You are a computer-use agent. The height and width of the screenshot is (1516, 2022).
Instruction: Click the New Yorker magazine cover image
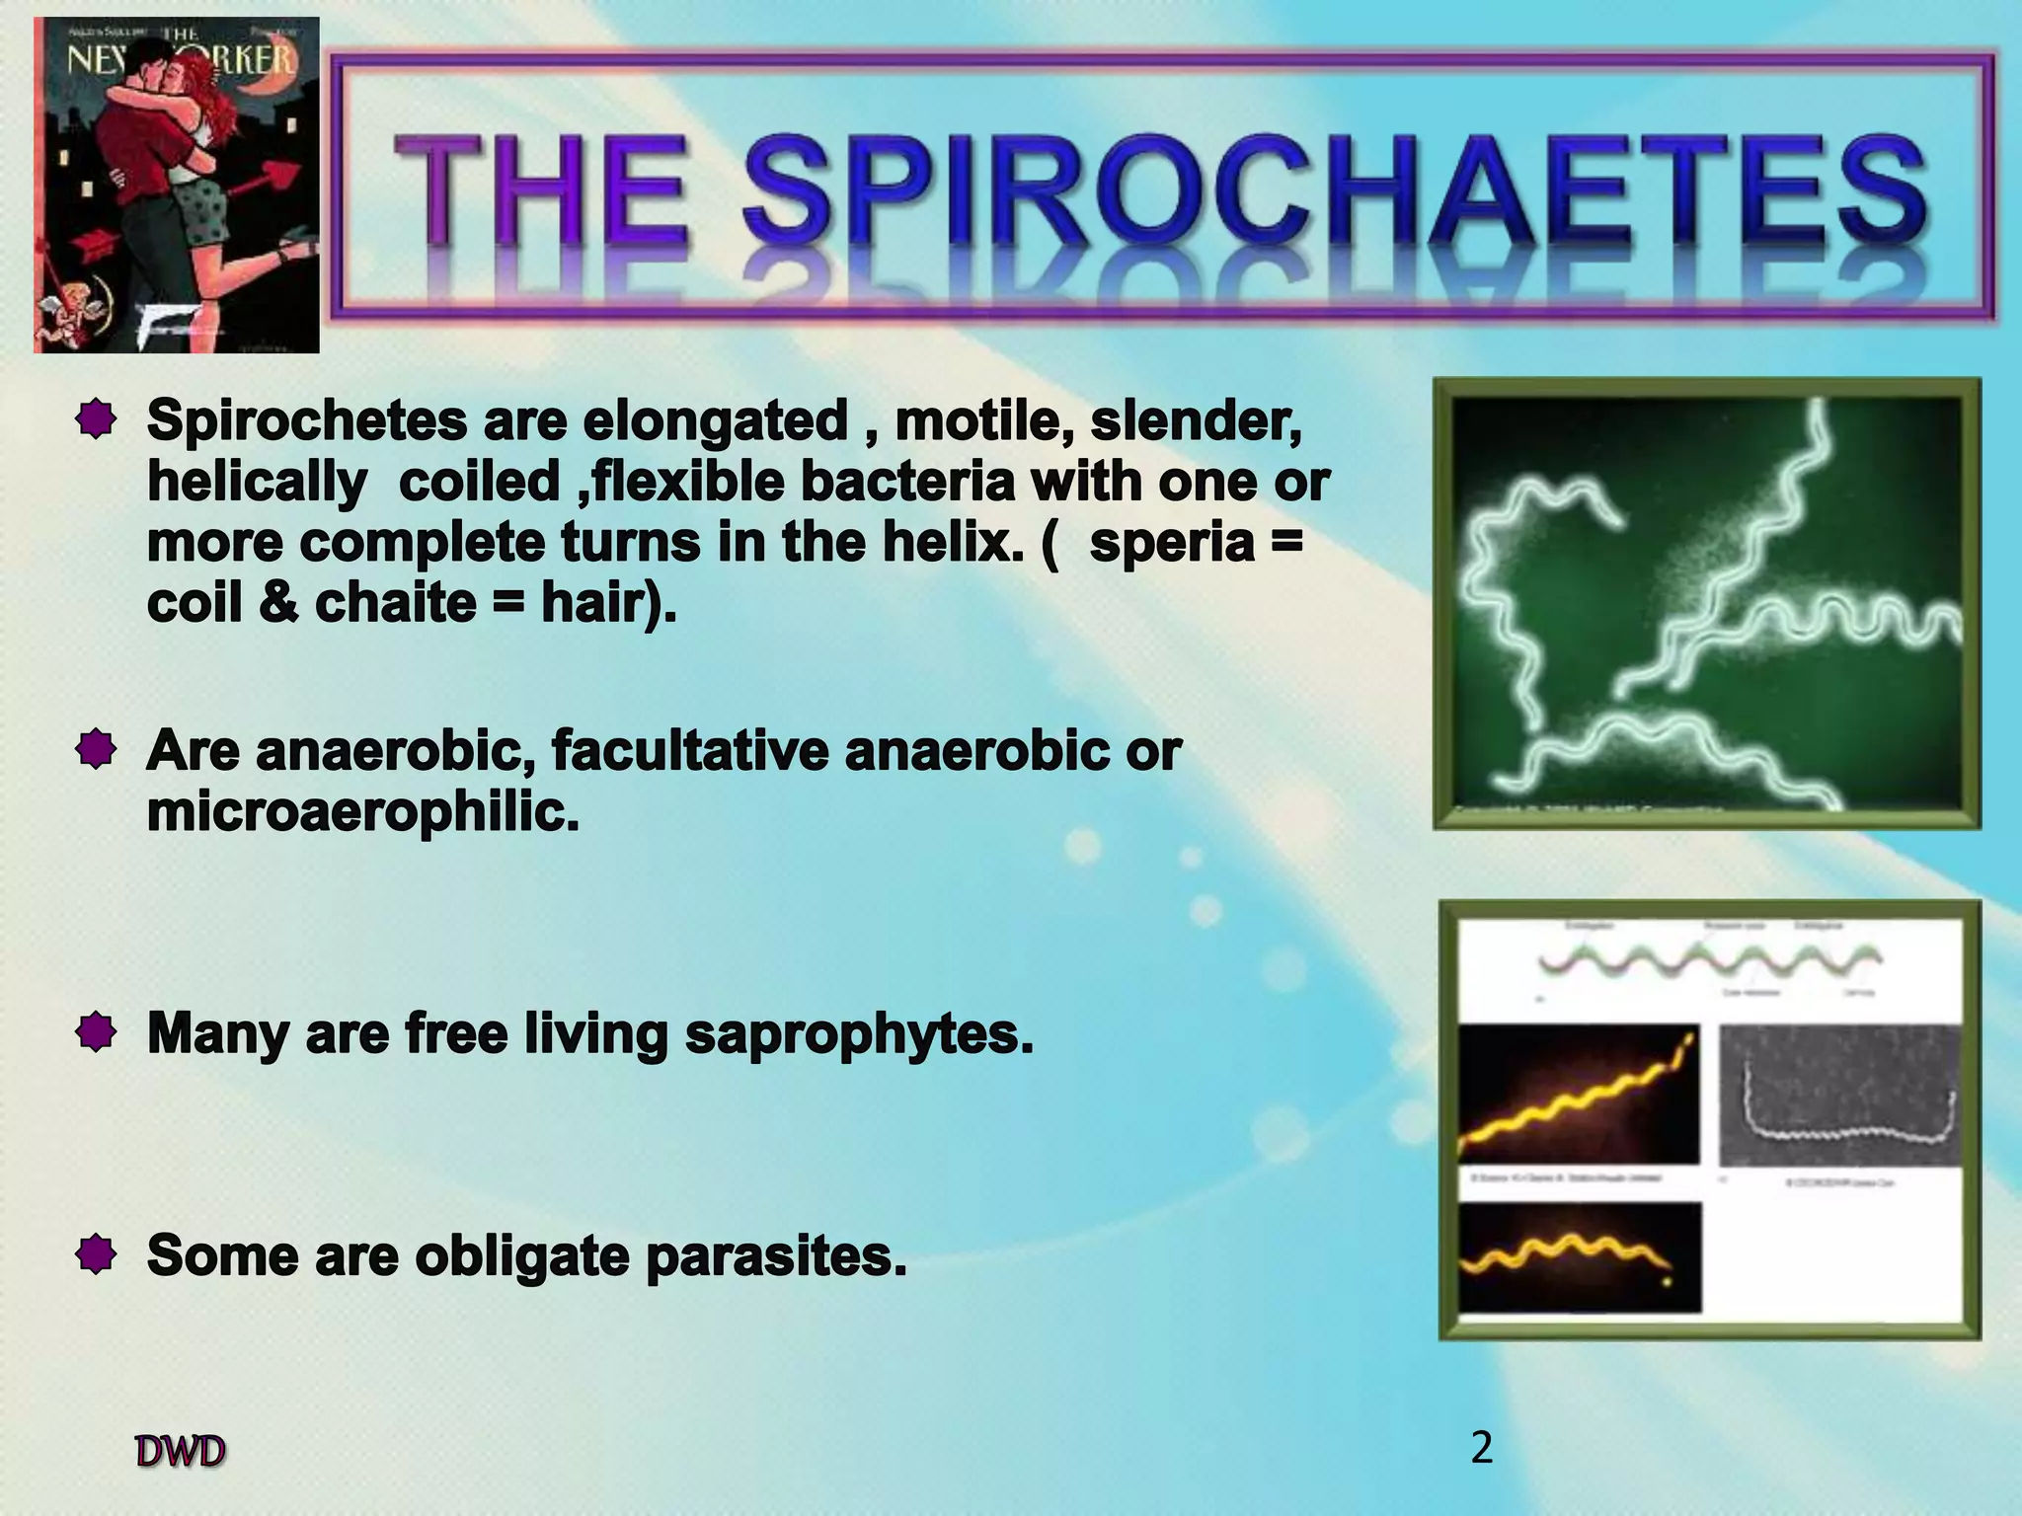pos(177,185)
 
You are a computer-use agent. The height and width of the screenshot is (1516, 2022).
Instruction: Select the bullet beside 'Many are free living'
pos(96,1034)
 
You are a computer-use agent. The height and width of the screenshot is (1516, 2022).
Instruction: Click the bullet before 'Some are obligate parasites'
pos(96,1256)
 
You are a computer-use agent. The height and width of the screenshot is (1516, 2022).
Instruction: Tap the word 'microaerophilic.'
pos(362,813)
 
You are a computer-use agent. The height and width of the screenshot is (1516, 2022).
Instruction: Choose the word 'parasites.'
pos(776,1257)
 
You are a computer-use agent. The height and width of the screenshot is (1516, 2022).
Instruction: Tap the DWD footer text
pos(181,1452)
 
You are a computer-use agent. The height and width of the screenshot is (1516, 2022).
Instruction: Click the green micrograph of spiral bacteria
pos(1706,603)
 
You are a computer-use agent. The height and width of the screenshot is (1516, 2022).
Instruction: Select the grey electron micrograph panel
pos(1839,1096)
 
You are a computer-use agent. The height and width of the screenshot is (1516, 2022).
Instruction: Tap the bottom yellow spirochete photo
pos(1580,1257)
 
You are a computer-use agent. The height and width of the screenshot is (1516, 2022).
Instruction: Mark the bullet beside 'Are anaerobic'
pos(96,751)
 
